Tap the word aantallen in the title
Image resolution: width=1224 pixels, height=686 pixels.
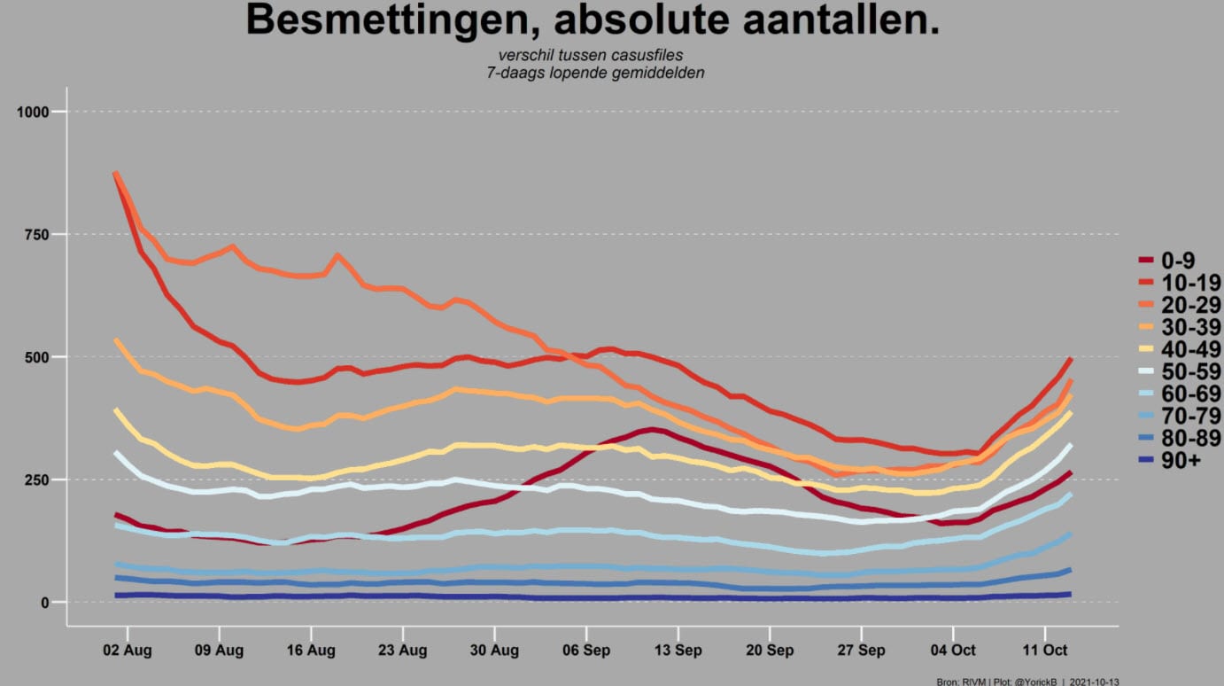835,19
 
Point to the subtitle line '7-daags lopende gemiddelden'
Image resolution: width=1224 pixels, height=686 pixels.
595,73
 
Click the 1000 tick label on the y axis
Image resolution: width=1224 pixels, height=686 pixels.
33,112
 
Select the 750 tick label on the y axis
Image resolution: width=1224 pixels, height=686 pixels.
37,235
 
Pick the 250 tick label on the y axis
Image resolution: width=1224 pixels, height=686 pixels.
37,479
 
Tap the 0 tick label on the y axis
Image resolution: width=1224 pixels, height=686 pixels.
45,603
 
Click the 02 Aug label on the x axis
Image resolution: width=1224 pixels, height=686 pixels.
128,651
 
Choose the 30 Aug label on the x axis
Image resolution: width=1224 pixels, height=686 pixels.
494,651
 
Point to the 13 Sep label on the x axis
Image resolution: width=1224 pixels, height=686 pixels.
678,651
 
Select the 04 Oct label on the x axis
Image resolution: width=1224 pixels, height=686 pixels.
953,651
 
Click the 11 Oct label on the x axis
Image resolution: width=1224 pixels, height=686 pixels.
1045,651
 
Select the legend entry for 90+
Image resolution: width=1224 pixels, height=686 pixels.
1170,461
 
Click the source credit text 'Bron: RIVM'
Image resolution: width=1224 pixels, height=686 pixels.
961,682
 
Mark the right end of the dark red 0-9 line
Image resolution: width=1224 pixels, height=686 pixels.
1070,472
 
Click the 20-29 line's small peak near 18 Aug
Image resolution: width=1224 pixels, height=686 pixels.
337,255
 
